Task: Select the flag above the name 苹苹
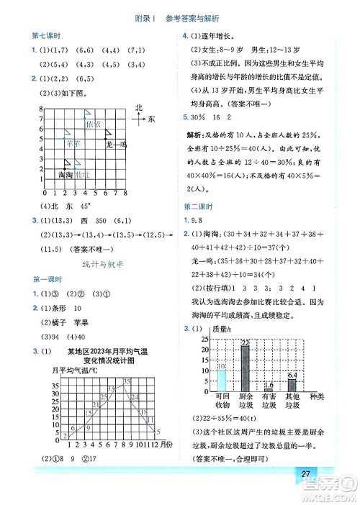[67, 132]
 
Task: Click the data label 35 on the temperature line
[127, 381]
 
